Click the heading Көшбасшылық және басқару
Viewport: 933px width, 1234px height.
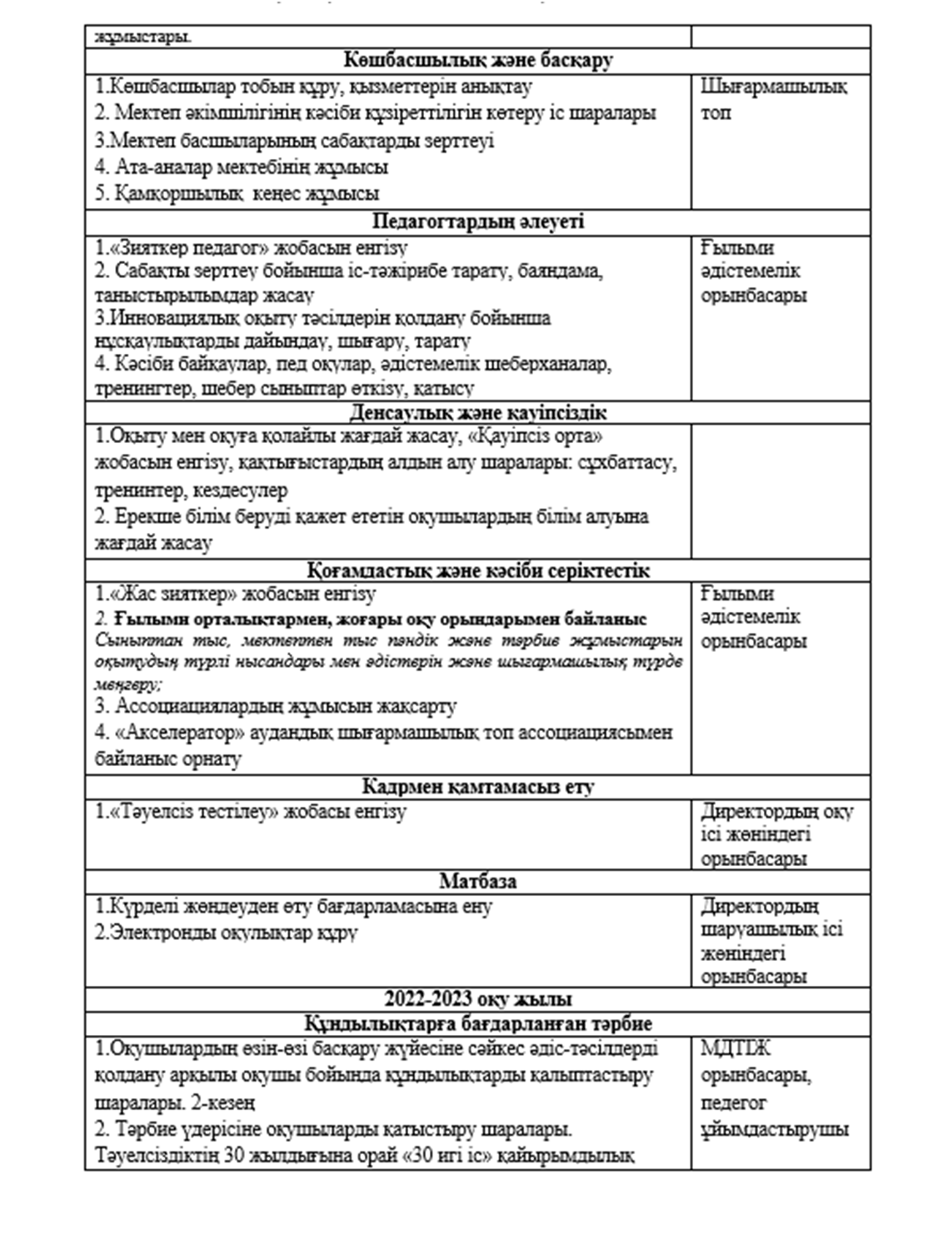click(x=477, y=60)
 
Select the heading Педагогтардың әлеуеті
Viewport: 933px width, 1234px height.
click(x=477, y=221)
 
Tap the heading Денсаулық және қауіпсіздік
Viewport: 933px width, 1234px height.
click(x=477, y=412)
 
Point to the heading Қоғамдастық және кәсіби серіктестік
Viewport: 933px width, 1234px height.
click(x=477, y=570)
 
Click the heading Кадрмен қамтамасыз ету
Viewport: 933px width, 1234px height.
click(x=477, y=786)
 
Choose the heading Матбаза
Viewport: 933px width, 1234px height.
click(x=477, y=881)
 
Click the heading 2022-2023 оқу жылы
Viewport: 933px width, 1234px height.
click(x=477, y=999)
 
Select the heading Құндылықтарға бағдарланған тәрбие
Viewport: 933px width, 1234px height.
click(x=477, y=1023)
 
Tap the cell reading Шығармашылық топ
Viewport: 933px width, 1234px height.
click(x=774, y=98)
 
